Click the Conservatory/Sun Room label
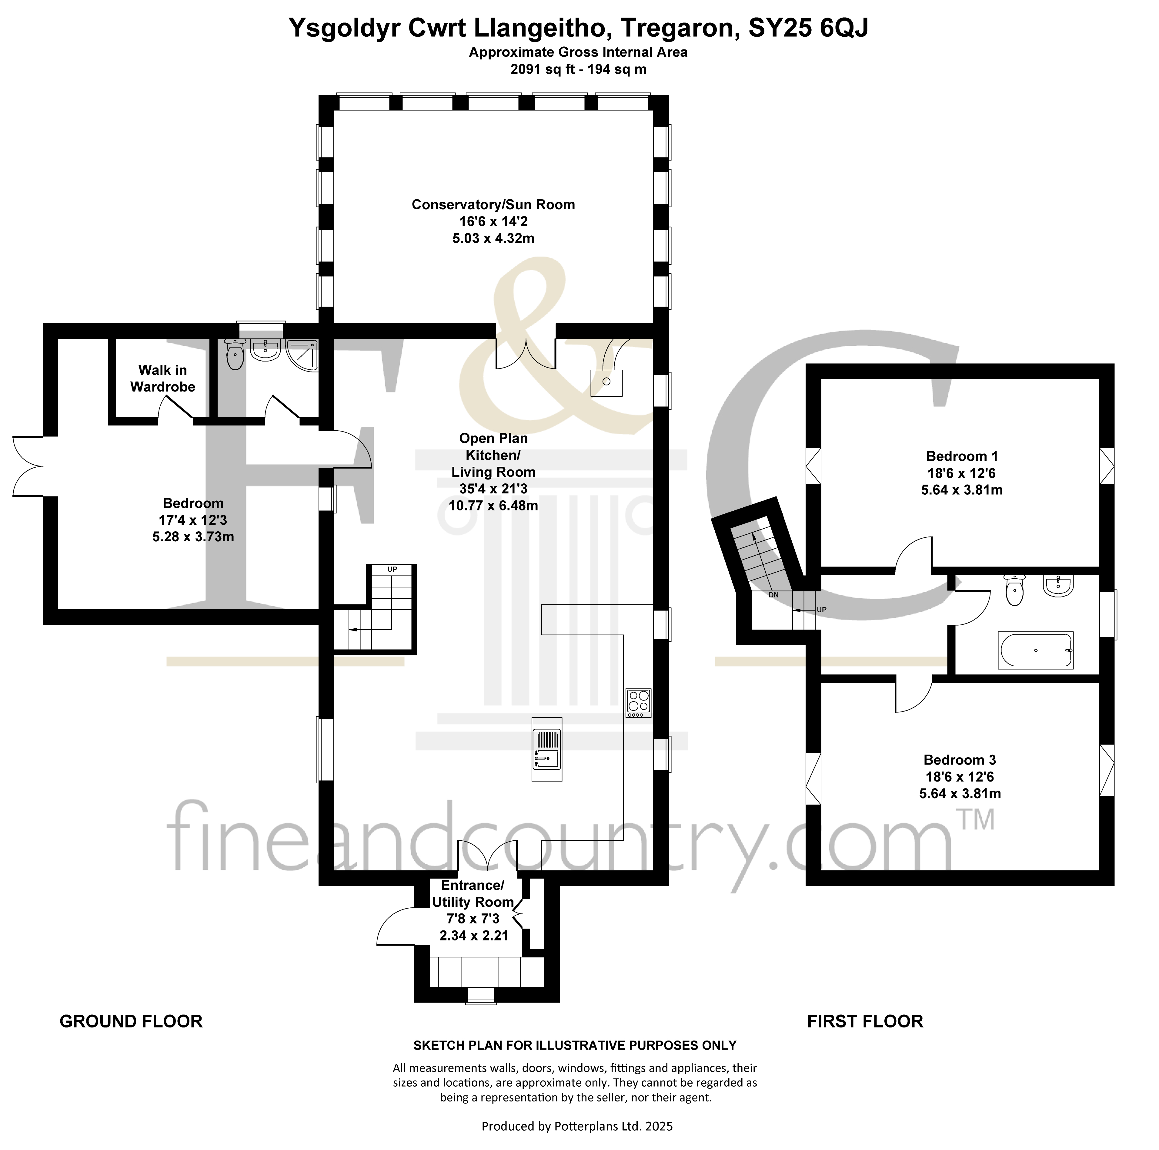point(493,205)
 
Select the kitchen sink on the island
point(546,749)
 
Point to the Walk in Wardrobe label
point(162,378)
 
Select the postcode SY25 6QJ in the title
point(808,28)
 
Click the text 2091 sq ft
point(538,69)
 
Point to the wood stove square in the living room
point(606,382)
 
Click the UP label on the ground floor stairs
point(392,569)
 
